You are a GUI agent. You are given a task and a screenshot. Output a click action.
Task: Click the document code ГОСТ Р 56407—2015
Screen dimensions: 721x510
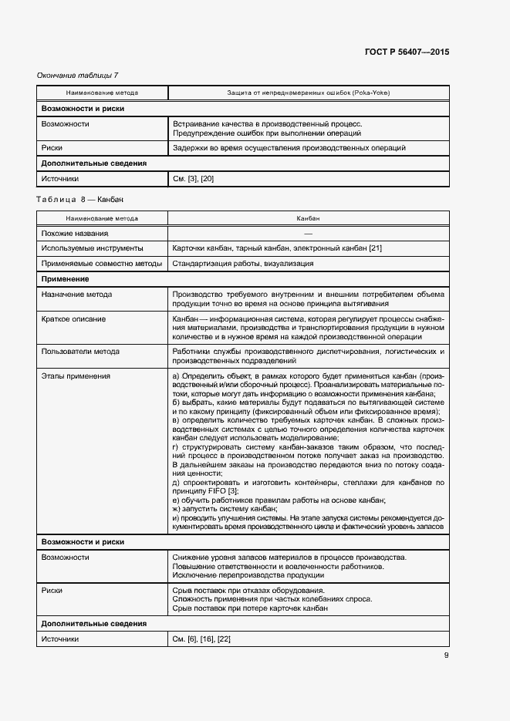(407, 52)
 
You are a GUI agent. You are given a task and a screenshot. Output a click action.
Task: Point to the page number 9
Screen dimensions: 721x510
(446, 656)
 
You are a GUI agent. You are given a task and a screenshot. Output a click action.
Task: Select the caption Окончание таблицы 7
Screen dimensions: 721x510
(78, 75)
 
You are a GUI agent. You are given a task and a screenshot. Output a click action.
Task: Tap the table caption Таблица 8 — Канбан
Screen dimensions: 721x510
(79, 200)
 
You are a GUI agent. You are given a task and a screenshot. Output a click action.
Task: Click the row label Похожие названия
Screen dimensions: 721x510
(75, 233)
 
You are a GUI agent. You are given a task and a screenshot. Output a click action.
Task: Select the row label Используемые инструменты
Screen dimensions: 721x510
(93, 248)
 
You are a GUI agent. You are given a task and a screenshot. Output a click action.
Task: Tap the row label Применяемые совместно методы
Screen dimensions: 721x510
(102, 264)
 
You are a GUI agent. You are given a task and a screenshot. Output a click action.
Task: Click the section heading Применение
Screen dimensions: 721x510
(65, 279)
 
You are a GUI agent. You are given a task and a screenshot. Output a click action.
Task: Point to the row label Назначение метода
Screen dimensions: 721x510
(77, 295)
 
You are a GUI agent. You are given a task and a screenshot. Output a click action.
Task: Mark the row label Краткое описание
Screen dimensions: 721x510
(74, 319)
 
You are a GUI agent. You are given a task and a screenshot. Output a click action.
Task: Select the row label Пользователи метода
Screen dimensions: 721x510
(81, 352)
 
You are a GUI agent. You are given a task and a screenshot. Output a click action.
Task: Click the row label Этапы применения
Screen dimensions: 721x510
(76, 376)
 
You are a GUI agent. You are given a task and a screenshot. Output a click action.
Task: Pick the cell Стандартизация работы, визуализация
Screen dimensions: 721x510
(243, 264)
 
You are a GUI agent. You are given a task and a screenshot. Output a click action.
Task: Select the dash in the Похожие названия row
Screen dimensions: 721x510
(308, 233)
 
